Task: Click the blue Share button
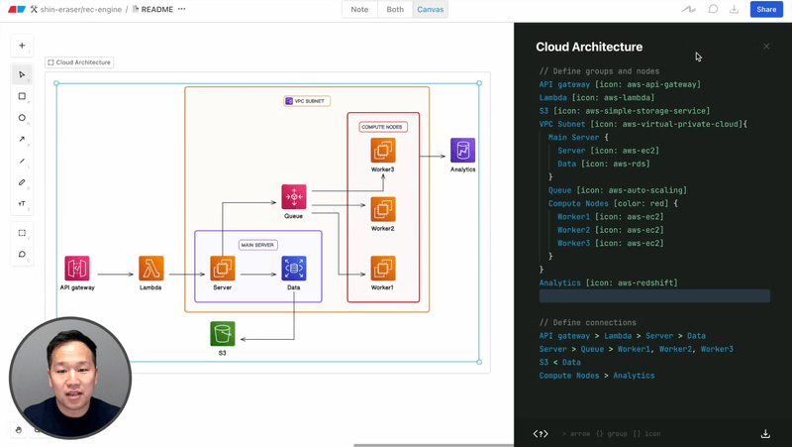point(764,10)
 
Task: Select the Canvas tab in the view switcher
point(431,10)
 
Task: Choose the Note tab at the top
point(359,10)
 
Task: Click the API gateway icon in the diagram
point(77,268)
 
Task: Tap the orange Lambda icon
point(151,268)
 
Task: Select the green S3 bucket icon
point(223,334)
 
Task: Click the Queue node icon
point(294,196)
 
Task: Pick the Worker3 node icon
point(383,151)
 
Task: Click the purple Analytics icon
point(462,151)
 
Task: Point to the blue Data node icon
point(294,268)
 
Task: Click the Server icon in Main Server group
point(223,268)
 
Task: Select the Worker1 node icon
point(383,268)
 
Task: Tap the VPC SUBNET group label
point(306,101)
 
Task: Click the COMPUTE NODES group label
point(383,127)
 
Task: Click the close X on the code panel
point(766,47)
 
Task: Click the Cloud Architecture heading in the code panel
point(589,47)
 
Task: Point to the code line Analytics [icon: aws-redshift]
point(608,282)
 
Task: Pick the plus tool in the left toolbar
point(22,46)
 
